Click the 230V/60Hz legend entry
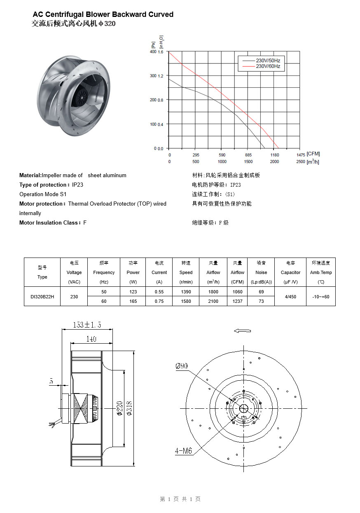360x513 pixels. pos(268,66)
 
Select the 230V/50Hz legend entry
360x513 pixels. pos(268,61)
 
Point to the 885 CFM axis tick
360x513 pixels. pos(248,155)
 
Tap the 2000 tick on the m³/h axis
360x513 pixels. pos(274,162)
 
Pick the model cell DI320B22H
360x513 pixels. pos(42,296)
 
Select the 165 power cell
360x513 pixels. pos(133,301)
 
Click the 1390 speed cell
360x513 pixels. pos(186,292)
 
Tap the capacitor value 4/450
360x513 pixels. pos(290,296)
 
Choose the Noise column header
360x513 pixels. pos(261,272)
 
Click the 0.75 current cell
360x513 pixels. pos(159,301)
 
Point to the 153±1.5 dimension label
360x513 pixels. pos(87,325)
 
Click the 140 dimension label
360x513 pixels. pos(91,339)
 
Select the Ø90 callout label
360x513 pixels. pos(181,366)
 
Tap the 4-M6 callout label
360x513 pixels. pos(183,451)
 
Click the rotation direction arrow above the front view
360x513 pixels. pos(242,330)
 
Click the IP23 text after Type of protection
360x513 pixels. pos(77,185)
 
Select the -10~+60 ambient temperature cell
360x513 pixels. pos(320,296)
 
